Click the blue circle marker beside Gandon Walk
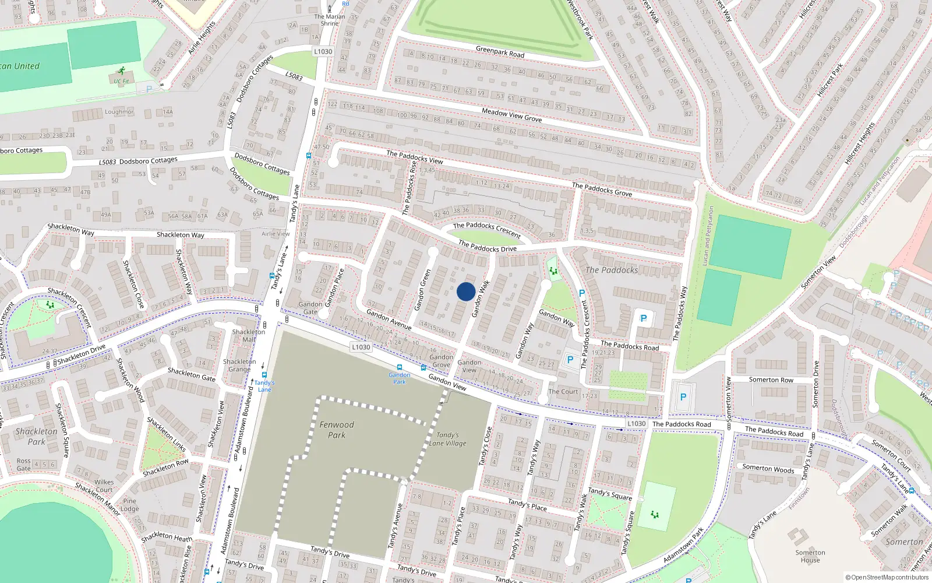pos(465,291)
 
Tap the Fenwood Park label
pos(336,430)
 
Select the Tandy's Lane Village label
pos(447,439)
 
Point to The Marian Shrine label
pos(329,20)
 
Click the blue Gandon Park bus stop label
pos(399,378)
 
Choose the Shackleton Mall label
pos(249,335)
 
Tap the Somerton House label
pos(810,556)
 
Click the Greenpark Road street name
pos(500,52)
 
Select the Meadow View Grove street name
pos(511,115)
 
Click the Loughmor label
pos(119,112)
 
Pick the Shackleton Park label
pos(36,436)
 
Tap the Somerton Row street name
pos(771,380)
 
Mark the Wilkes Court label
pos(104,486)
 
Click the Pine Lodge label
pos(129,504)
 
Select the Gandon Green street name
pos(422,289)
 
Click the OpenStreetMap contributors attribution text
pos(887,577)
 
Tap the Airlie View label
pos(276,234)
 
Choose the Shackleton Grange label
pos(239,365)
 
